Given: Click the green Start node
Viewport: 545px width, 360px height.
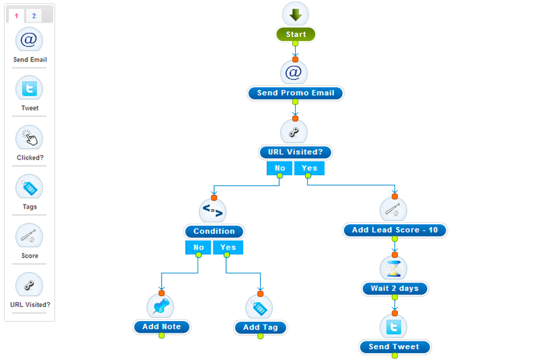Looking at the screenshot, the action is [x=296, y=35].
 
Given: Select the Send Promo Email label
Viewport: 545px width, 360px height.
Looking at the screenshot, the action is [x=296, y=93].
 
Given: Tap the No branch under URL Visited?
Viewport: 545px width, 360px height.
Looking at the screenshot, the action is [x=279, y=168].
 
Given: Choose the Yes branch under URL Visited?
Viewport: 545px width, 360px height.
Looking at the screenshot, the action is [x=309, y=168].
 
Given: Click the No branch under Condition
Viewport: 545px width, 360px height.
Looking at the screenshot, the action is [x=198, y=247].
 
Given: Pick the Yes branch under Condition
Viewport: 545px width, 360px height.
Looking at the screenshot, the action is [x=228, y=247].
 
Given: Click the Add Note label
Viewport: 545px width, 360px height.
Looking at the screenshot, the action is [x=161, y=327].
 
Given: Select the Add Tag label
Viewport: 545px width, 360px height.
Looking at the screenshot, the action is [x=260, y=327].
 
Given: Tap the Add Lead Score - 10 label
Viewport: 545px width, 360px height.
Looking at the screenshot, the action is [x=395, y=230].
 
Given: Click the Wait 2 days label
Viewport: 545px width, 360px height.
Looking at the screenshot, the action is [x=395, y=288].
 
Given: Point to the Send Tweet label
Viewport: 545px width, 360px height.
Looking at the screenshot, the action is [x=394, y=347].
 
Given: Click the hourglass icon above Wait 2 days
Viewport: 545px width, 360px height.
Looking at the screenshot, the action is [x=394, y=269].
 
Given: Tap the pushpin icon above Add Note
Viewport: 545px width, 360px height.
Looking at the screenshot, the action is [x=160, y=306].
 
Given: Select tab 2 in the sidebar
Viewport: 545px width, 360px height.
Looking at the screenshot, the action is [x=33, y=16].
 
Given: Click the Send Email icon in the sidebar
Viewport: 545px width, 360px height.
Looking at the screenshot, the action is [x=29, y=40].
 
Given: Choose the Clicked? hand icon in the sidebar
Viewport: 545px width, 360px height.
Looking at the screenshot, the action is [x=29, y=138].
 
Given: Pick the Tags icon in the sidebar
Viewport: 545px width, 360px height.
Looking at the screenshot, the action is [x=29, y=187].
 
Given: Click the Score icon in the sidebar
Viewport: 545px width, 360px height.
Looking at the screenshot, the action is [x=29, y=236].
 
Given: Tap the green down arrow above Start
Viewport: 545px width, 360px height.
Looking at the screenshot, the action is [x=296, y=14].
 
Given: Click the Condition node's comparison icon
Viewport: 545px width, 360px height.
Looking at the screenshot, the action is [x=213, y=211].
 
